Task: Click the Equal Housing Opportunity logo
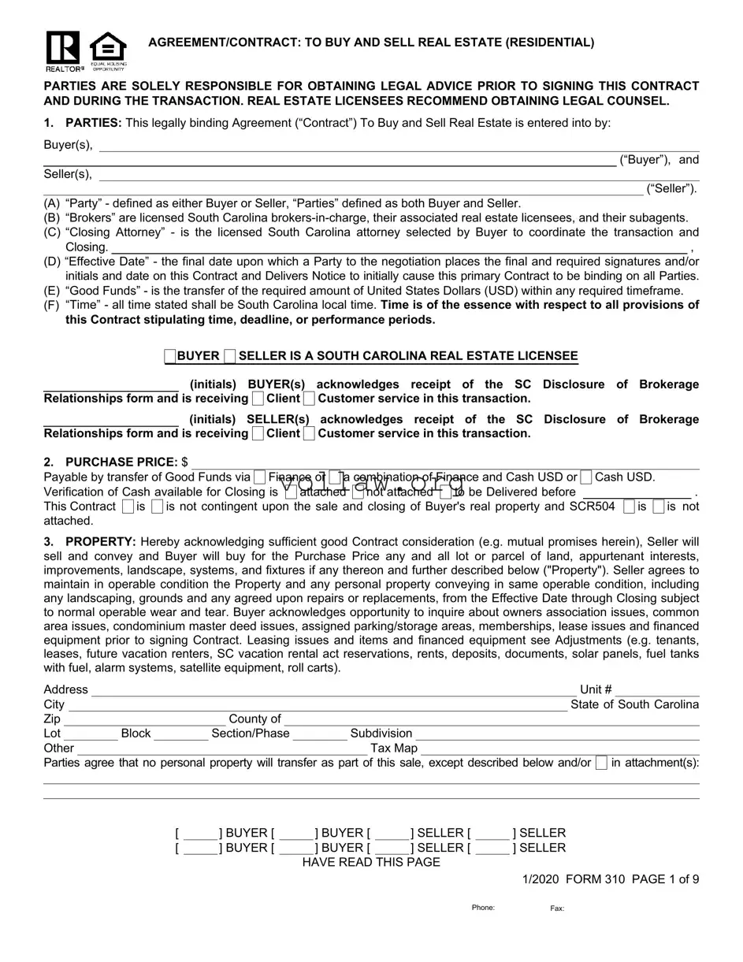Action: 108,50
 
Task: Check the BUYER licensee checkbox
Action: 170,357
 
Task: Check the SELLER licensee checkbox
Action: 229,357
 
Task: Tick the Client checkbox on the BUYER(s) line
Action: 258,399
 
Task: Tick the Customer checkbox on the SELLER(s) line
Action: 309,434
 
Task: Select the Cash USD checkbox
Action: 586,477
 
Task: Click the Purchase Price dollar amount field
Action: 445,462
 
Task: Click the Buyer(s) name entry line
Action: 398,145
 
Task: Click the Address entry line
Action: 331,690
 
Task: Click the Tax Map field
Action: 560,748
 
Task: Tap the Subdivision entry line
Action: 558,734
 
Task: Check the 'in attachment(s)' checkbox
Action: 602,763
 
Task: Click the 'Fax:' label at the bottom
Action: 557,908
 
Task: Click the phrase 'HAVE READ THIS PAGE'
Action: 371,862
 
